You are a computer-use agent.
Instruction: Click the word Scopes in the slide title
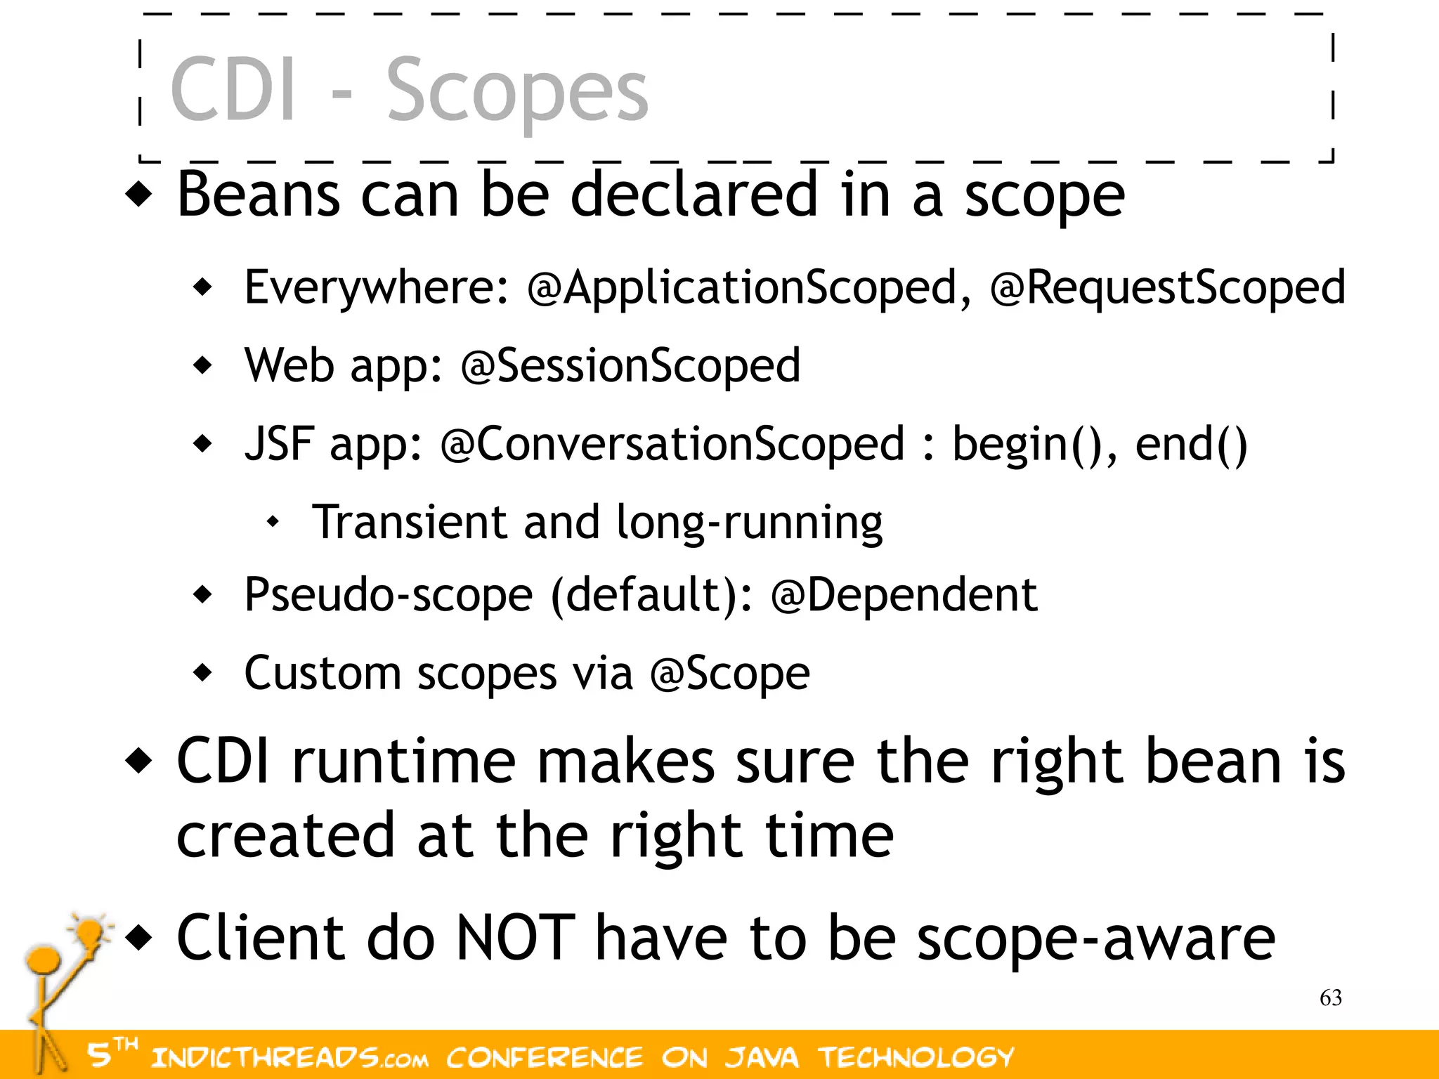[517, 91]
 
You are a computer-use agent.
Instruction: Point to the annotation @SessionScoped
[630, 366]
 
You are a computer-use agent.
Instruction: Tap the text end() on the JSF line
[1191, 444]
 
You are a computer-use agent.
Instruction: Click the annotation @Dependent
[904, 595]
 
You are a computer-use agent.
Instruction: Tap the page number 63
[1331, 998]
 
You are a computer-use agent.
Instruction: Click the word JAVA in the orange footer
[762, 1057]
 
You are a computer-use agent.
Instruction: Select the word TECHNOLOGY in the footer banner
[916, 1057]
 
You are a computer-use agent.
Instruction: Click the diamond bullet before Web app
[202, 365]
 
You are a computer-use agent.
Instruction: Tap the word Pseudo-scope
[388, 595]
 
